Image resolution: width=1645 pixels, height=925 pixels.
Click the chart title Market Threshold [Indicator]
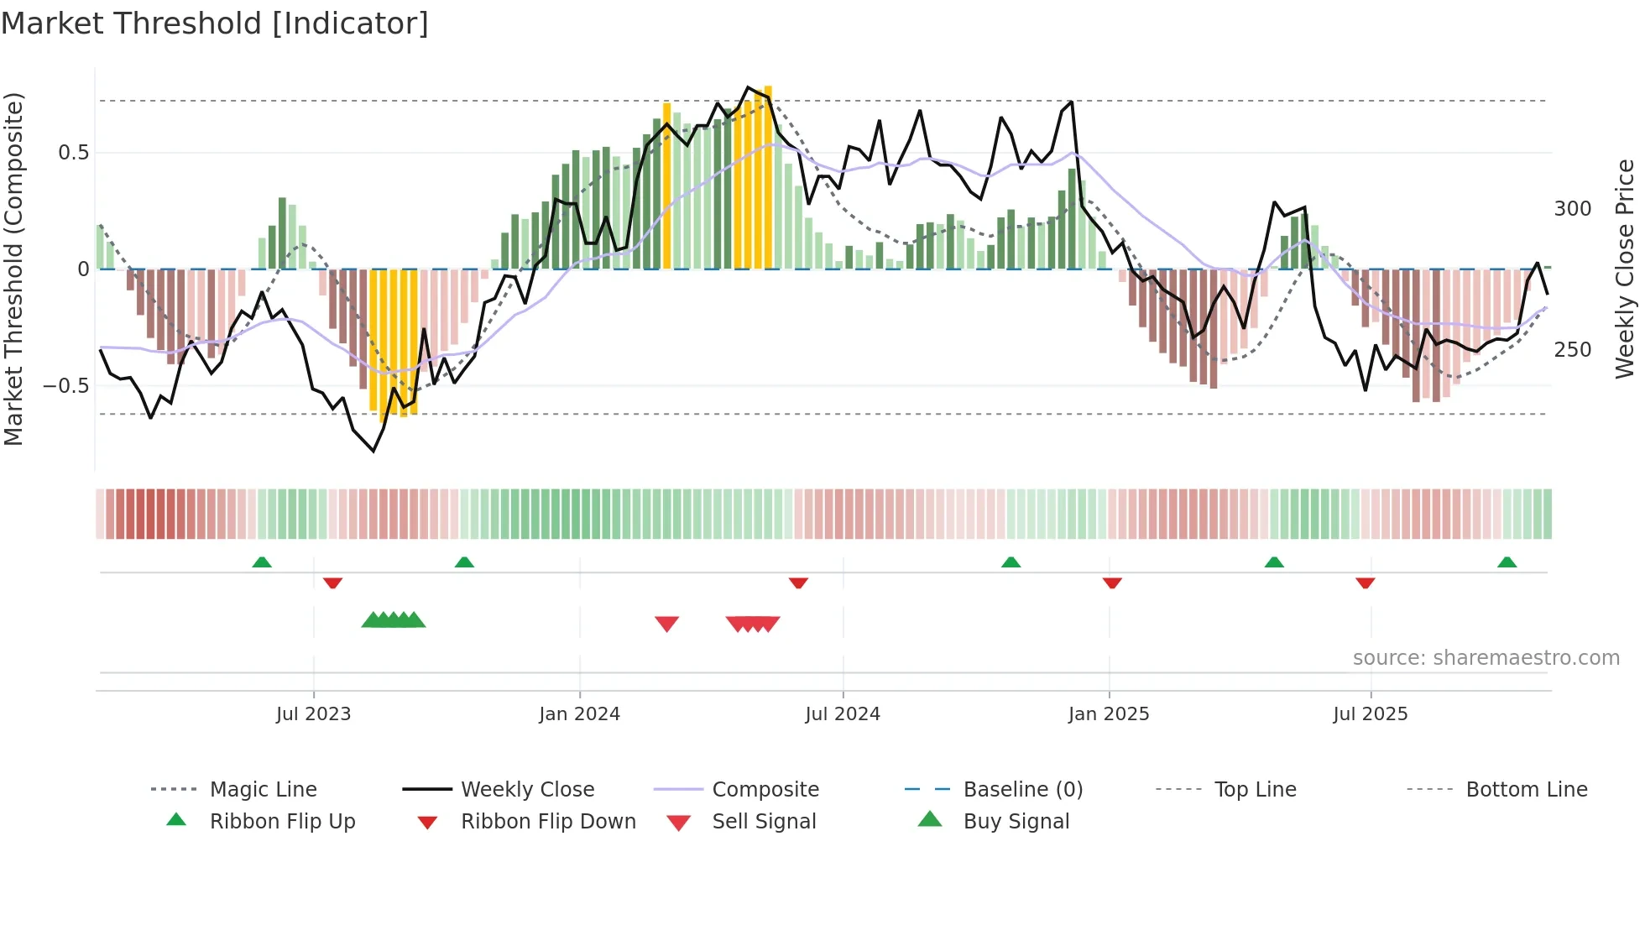point(215,24)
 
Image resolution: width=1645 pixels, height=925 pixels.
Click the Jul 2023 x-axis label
point(313,714)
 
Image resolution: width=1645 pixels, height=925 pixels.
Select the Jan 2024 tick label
point(579,714)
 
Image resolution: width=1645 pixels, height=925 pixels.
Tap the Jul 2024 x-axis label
point(843,714)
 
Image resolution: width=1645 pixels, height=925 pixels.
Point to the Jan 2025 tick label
point(1109,714)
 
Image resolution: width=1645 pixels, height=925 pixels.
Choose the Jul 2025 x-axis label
point(1371,714)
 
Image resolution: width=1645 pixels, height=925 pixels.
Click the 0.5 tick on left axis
point(74,153)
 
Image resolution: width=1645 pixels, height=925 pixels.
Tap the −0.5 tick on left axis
point(66,386)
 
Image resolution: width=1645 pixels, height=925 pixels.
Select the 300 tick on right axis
point(1573,209)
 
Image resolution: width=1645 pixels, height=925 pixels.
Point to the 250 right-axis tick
point(1573,350)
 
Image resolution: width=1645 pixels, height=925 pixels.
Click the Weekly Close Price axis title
point(1625,269)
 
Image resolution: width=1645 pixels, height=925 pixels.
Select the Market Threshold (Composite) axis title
point(13,269)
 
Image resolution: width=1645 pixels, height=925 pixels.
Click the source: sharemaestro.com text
point(1486,658)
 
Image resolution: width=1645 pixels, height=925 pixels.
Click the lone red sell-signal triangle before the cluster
point(666,624)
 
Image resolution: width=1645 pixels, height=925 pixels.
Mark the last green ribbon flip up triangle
point(1507,562)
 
